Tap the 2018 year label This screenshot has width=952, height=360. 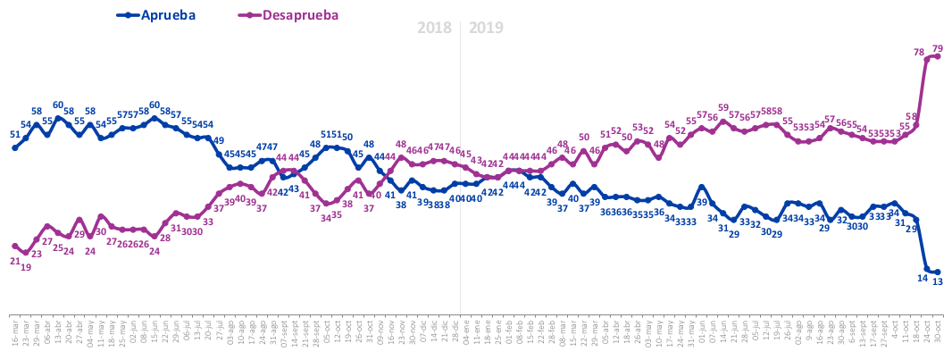click(x=435, y=28)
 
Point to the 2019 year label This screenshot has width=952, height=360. click(x=487, y=28)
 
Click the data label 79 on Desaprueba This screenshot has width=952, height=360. click(x=938, y=48)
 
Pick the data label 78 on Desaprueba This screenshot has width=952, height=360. click(x=919, y=52)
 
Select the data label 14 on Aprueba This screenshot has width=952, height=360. click(x=923, y=279)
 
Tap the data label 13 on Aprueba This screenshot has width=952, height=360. click(x=939, y=281)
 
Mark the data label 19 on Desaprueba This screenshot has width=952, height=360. click(x=26, y=266)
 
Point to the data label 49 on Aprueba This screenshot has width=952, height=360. click(x=218, y=140)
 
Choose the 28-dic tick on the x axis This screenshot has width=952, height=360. click(x=455, y=333)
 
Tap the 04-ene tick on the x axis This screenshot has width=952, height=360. click(x=466, y=333)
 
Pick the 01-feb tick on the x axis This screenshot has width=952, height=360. click(x=509, y=333)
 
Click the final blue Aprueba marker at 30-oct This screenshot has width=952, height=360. click(x=938, y=272)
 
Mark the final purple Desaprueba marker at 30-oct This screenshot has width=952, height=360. click(x=938, y=57)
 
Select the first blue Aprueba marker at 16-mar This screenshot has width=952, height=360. click(x=15, y=147)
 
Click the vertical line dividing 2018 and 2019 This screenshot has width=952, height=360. click(x=461, y=179)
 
